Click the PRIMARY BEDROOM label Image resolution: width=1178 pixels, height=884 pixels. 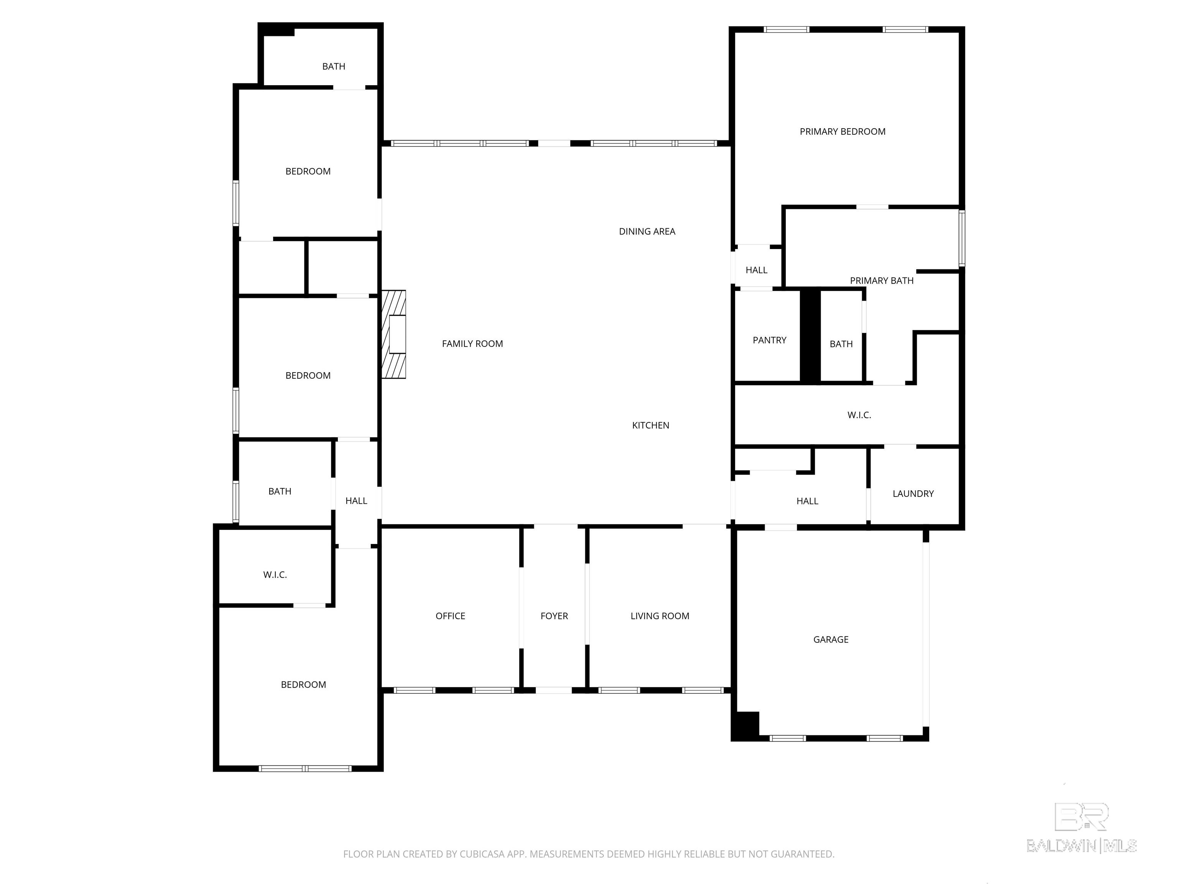click(842, 132)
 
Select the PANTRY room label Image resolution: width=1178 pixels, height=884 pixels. click(769, 340)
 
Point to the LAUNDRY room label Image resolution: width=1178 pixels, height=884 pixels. click(913, 493)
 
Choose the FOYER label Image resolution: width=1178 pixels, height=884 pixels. click(554, 616)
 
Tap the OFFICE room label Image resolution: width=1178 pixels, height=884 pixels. click(450, 616)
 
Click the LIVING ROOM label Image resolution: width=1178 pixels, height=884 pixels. click(659, 616)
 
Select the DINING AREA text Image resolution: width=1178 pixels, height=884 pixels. click(647, 231)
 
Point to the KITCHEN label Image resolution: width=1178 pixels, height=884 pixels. click(650, 425)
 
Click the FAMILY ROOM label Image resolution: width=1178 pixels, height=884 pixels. click(472, 344)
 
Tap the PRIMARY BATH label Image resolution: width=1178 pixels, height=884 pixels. click(881, 281)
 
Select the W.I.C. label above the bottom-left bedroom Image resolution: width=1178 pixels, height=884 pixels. click(275, 574)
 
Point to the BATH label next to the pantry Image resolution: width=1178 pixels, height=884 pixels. click(841, 344)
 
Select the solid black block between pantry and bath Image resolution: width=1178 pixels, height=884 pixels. click(810, 336)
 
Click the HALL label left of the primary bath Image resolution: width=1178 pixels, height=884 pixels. click(756, 270)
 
